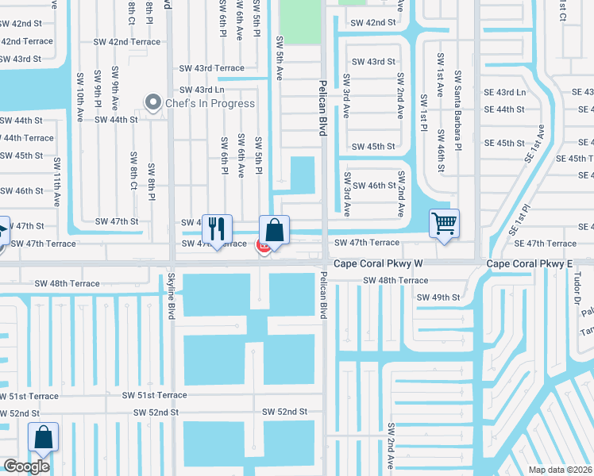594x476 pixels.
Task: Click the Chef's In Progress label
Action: (210, 103)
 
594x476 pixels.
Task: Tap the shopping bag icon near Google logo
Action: (43, 437)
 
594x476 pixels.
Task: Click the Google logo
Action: (27, 466)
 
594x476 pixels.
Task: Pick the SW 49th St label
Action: (438, 297)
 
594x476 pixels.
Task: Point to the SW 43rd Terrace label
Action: (212, 69)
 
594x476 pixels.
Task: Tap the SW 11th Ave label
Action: (58, 182)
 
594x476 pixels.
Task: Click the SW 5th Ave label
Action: (279, 57)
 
